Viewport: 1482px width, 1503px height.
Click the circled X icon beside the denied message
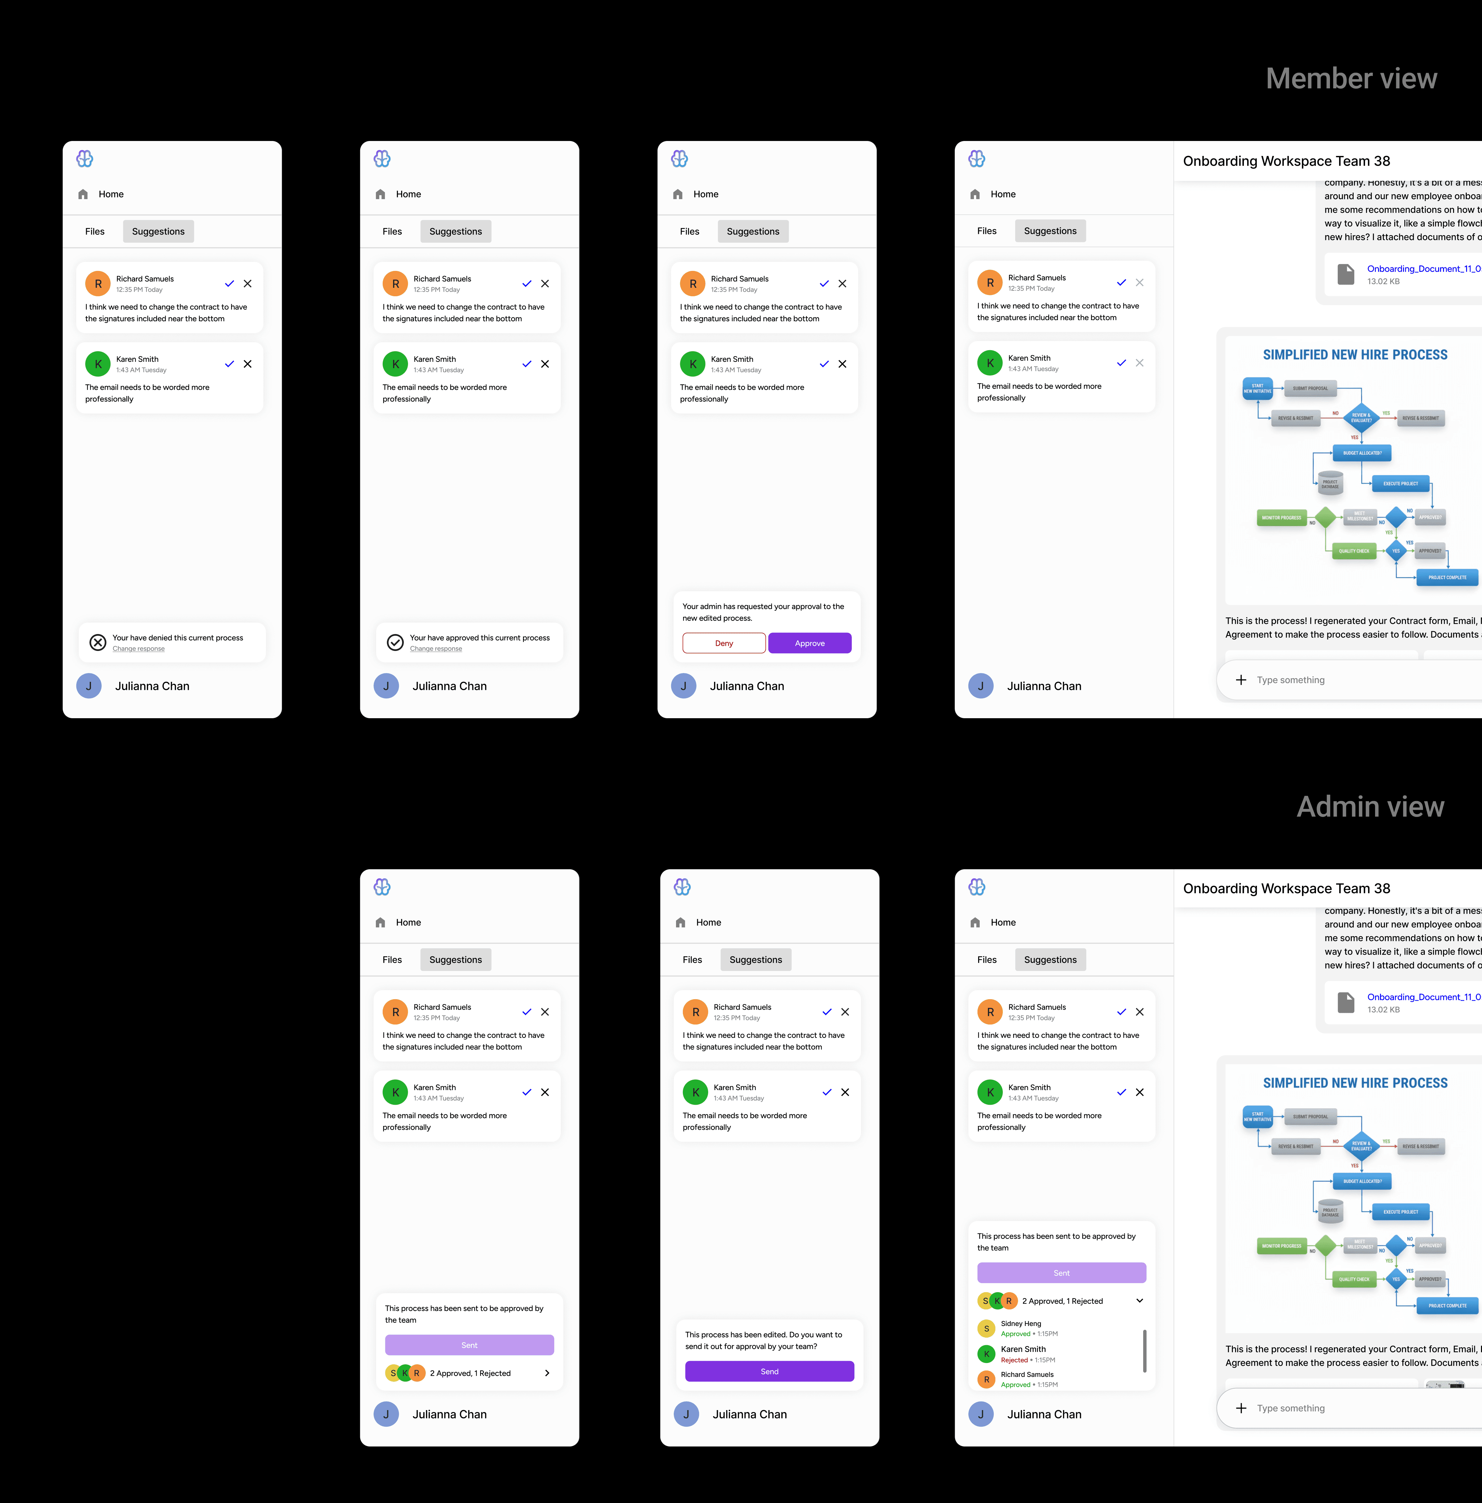tap(98, 643)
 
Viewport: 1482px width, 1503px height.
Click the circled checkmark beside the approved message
tap(395, 643)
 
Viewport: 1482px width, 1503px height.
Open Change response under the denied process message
tap(138, 649)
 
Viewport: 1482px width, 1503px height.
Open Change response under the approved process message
tap(436, 649)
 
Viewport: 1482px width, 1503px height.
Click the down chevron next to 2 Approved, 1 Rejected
tap(1140, 1301)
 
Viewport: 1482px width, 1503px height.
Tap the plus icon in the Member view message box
tap(1241, 680)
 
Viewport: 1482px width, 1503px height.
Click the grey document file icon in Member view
tap(1345, 274)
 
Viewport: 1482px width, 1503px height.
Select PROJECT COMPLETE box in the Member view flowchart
tap(1447, 577)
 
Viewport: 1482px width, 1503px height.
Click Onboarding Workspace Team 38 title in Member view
tap(1286, 161)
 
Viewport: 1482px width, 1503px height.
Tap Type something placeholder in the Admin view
tap(1291, 1408)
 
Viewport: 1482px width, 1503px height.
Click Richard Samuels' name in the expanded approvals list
tap(1027, 1375)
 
